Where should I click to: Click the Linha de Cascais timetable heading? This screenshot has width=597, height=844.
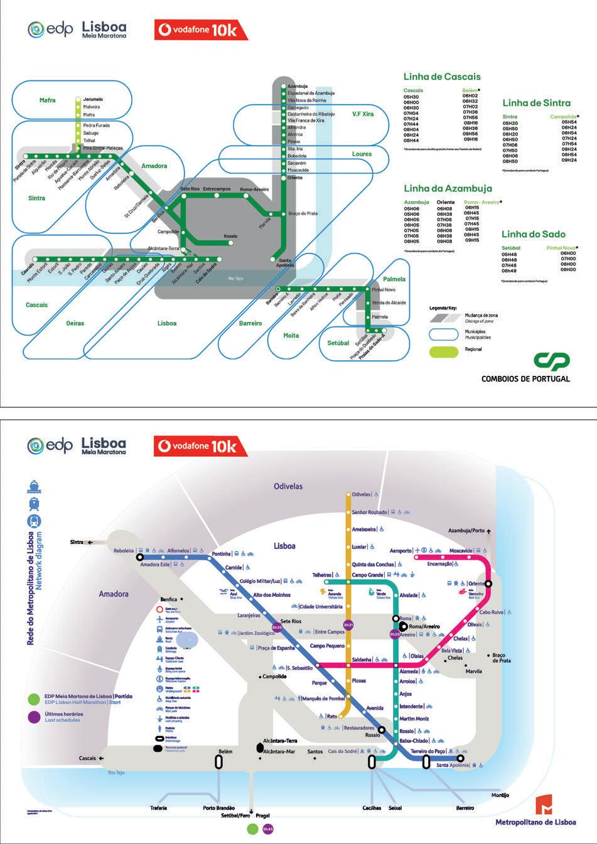coord(442,77)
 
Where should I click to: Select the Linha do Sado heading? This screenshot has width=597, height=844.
coord(533,234)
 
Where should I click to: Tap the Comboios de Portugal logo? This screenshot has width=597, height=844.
coord(552,361)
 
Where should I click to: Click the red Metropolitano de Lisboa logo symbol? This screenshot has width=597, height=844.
coord(544,804)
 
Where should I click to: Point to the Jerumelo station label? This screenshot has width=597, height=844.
coord(93,99)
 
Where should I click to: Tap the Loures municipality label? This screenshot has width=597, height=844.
coord(362,154)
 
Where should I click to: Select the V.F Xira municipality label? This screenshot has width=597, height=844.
coord(363,114)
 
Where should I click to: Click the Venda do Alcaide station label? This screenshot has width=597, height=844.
coord(389,302)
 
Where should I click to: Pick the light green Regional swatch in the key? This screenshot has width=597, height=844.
coord(444,351)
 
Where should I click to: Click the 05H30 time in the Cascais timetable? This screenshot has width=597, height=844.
coord(411,97)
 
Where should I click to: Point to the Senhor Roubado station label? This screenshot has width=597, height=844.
coord(369,512)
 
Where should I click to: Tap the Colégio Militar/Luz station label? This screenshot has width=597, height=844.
coord(260,581)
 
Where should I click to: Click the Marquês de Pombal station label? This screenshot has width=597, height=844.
coord(323,698)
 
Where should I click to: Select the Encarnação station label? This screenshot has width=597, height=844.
coord(439,564)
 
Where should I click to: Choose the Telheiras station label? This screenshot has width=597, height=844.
coord(322,575)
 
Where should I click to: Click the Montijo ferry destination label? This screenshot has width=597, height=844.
coord(500,795)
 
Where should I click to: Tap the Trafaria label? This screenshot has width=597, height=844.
coord(159,808)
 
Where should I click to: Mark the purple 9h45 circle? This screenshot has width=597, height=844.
coord(268,829)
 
